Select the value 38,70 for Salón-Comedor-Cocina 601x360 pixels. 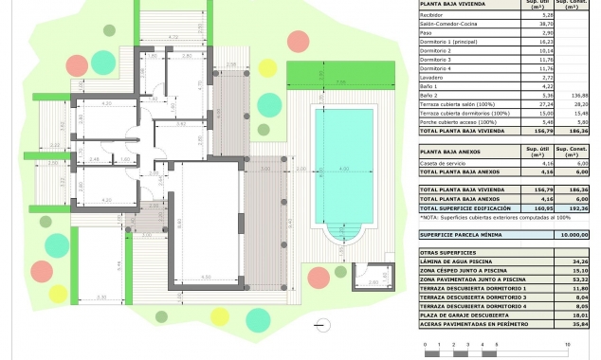coord(519,24)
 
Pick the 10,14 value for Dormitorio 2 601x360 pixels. coord(519,51)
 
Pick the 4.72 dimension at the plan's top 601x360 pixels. coord(172,36)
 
